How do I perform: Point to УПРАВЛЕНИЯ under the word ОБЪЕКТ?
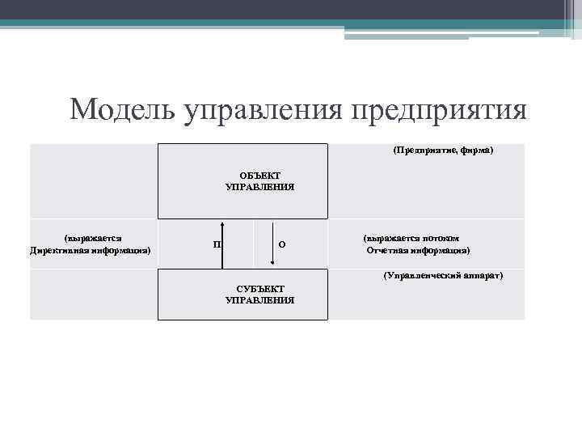coord(259,186)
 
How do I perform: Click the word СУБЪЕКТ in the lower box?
coord(260,289)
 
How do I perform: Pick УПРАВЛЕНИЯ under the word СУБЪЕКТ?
coord(259,299)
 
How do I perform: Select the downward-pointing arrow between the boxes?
coord(272,243)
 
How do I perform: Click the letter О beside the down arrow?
coord(280,244)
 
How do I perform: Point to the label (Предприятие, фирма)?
coord(442,151)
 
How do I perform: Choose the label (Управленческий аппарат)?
coord(443,275)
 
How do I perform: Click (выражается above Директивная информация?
coord(92,239)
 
